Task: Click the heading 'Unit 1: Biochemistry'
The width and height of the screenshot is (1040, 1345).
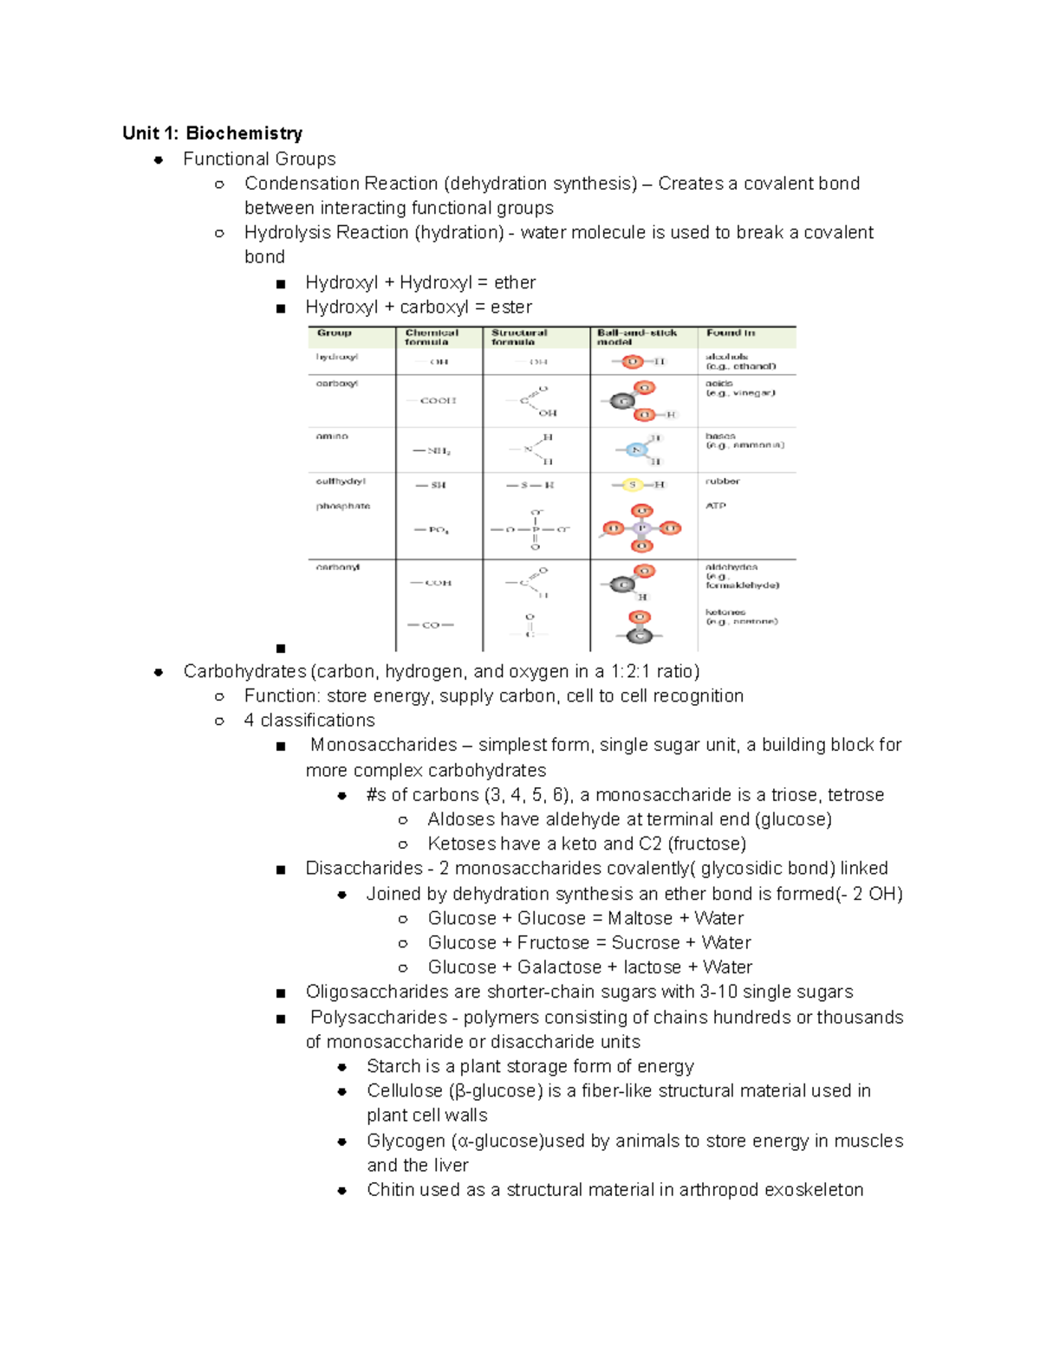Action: [x=212, y=133]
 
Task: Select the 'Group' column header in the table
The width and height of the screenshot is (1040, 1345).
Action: [x=334, y=333]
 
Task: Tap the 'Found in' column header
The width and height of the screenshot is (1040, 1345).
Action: [x=730, y=333]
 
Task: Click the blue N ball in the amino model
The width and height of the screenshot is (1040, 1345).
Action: [x=637, y=449]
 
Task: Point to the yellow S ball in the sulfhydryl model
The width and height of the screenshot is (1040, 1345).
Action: [x=632, y=485]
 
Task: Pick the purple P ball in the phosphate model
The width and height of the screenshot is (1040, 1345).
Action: [x=641, y=528]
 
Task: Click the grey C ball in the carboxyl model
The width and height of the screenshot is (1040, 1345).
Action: [x=621, y=401]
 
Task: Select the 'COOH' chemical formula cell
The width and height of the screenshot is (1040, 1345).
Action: [x=438, y=401]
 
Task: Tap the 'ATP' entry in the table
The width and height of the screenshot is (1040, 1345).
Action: [x=716, y=506]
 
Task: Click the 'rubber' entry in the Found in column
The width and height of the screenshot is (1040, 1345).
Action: [x=723, y=482]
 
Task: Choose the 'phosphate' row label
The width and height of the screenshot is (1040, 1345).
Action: [x=342, y=506]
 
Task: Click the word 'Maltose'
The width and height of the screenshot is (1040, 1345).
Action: [x=640, y=918]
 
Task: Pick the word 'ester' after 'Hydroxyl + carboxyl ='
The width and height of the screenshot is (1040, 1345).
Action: [x=511, y=307]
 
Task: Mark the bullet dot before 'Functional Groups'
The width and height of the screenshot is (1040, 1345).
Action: [x=159, y=159]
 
